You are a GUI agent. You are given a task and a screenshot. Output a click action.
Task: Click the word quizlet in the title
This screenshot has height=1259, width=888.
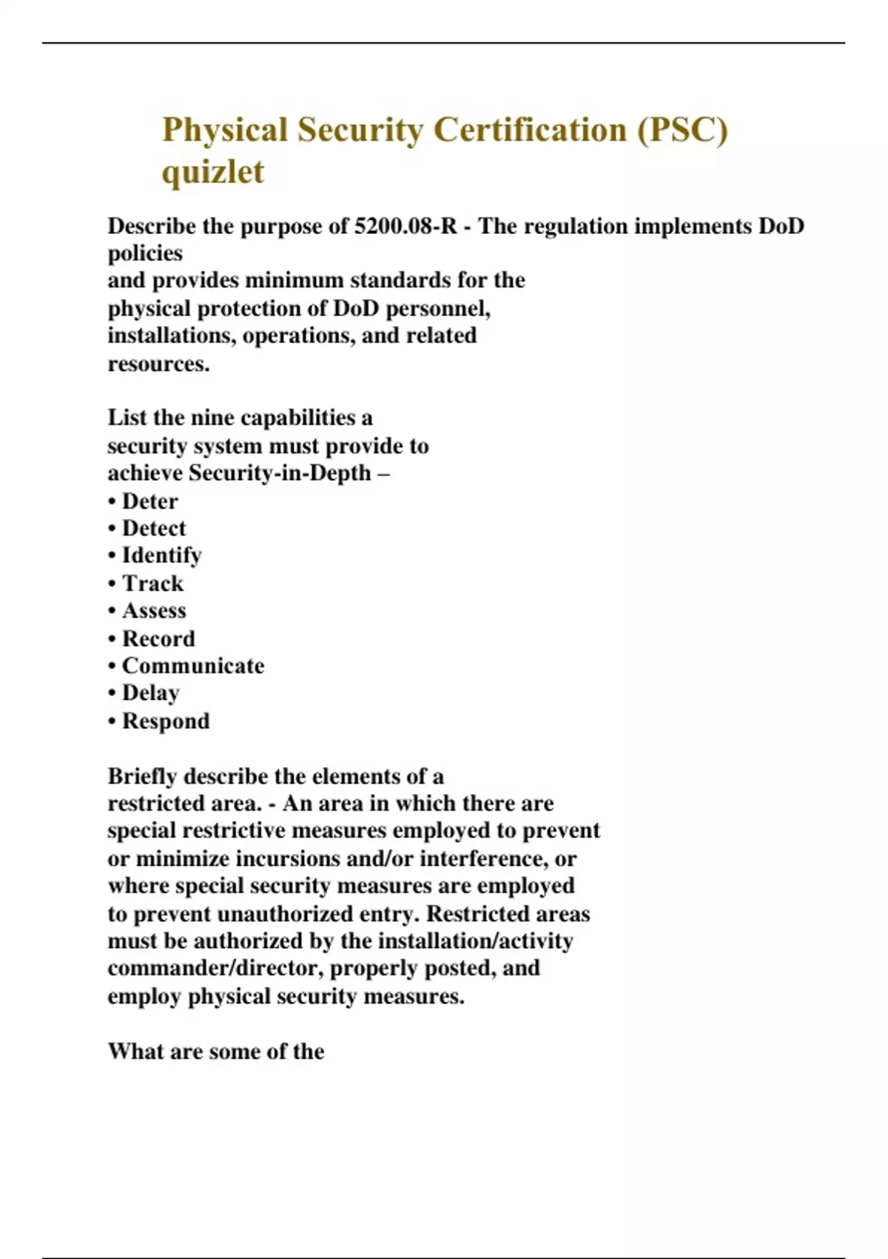(x=213, y=173)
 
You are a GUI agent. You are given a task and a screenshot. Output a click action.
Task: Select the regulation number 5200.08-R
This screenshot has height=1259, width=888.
(x=406, y=226)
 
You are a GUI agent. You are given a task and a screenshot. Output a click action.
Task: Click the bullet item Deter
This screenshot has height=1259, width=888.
(x=149, y=501)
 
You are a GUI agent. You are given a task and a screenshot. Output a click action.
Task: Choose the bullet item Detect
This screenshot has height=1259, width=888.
(x=154, y=529)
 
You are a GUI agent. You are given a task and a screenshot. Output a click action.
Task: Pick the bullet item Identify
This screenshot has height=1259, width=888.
(x=161, y=555)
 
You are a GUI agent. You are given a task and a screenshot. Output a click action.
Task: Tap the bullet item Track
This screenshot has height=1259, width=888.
(x=152, y=584)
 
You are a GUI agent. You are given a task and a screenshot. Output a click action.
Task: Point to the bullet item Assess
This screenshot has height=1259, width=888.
(x=154, y=611)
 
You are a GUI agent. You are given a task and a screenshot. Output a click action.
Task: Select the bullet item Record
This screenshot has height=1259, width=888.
(x=158, y=638)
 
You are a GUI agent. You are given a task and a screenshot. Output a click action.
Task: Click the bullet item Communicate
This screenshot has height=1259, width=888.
(x=192, y=666)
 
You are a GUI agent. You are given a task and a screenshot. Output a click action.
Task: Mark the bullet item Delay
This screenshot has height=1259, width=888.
(x=150, y=693)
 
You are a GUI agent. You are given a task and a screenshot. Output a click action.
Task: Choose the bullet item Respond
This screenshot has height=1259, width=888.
(x=166, y=721)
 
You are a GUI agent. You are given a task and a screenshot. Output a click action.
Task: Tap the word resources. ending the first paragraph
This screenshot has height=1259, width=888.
(x=159, y=364)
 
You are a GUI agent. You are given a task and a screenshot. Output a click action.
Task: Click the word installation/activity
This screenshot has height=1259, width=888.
(x=475, y=941)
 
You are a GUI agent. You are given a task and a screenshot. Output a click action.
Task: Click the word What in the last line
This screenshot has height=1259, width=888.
(x=135, y=1052)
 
